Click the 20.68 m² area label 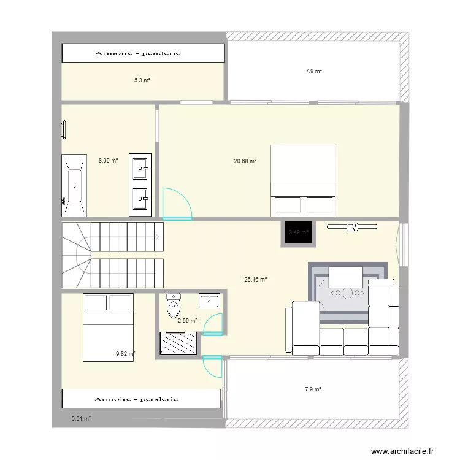[245, 161]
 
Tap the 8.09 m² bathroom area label [108, 161]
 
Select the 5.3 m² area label [142, 80]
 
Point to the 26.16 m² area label [255, 280]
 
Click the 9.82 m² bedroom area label [125, 353]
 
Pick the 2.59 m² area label [187, 320]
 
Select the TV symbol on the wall [351, 227]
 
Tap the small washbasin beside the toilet [210, 301]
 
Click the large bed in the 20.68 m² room [303, 180]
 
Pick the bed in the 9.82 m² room [108, 326]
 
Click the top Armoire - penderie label [138, 53]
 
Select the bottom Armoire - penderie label [138, 399]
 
